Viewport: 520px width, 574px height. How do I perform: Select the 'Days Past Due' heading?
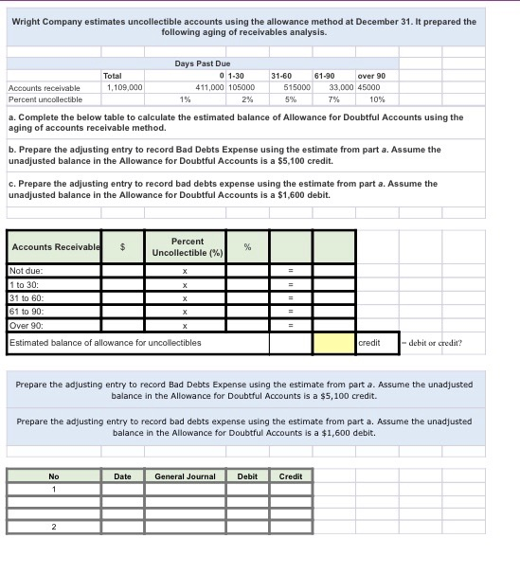197,63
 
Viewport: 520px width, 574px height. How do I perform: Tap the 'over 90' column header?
370,75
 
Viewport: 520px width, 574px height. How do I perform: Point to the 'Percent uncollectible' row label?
45,99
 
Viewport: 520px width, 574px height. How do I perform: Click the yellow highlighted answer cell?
334,342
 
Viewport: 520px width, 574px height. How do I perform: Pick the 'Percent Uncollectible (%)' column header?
184,246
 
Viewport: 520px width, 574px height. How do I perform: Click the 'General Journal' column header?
186,475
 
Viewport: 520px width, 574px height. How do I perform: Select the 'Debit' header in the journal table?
247,475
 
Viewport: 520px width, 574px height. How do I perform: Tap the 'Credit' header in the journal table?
291,475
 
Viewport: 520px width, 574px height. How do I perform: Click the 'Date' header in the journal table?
123,475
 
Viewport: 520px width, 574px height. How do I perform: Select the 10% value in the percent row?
377,99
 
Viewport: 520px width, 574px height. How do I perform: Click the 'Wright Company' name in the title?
52,21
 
